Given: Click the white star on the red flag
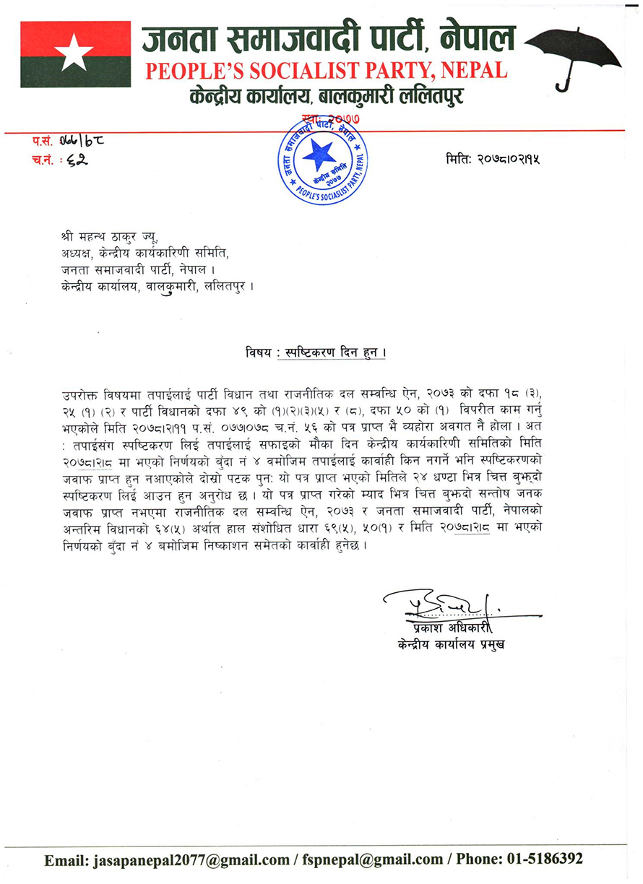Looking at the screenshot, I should pos(75,53).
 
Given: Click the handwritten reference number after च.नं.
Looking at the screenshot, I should pos(75,159).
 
